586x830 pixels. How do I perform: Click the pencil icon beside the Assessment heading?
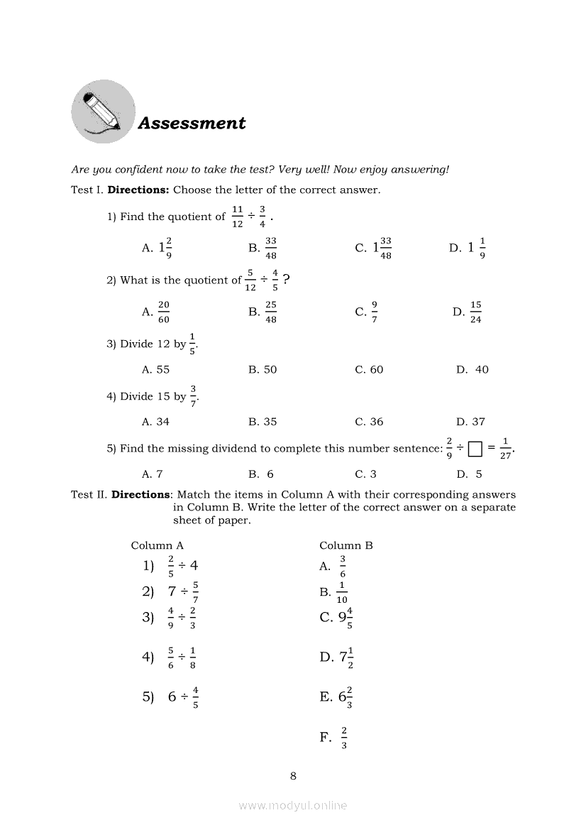(x=103, y=111)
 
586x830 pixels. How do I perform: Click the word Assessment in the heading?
(x=192, y=124)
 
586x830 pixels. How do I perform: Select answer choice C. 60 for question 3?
(x=369, y=370)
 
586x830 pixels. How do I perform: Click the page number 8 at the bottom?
(x=293, y=776)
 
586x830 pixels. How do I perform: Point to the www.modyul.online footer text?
(x=293, y=805)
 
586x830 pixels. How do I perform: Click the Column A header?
(x=157, y=545)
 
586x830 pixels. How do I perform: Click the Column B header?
(x=346, y=545)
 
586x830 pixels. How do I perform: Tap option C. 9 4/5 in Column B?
(x=336, y=618)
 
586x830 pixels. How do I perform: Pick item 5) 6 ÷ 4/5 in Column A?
(x=171, y=697)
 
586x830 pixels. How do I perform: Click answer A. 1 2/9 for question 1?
(x=157, y=247)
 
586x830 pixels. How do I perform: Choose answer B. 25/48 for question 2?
(x=263, y=311)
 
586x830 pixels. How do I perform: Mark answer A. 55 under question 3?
(x=156, y=370)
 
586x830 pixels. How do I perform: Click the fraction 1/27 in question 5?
(x=505, y=449)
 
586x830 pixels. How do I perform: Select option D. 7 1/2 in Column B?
(x=336, y=657)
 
